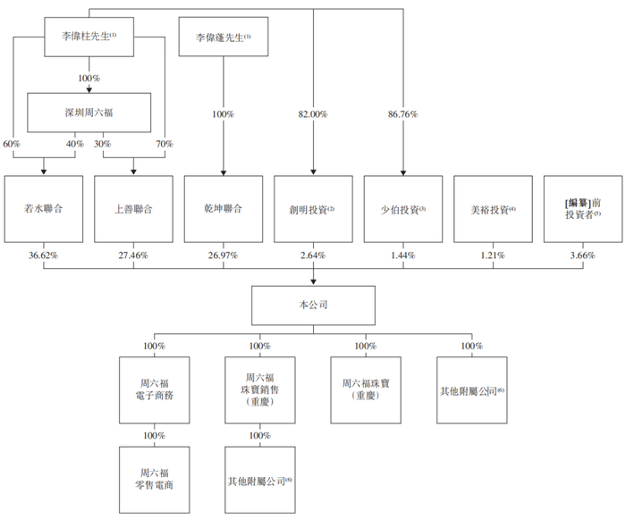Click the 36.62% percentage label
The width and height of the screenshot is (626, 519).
[43, 255]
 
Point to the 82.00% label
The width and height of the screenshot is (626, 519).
[313, 114]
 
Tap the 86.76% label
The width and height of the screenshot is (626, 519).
[402, 114]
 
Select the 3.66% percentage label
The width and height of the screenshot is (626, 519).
[582, 255]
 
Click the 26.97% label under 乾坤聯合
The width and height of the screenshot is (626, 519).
[223, 255]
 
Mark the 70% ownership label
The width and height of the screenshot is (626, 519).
[165, 144]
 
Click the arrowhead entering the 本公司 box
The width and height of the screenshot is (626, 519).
[313, 282]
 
